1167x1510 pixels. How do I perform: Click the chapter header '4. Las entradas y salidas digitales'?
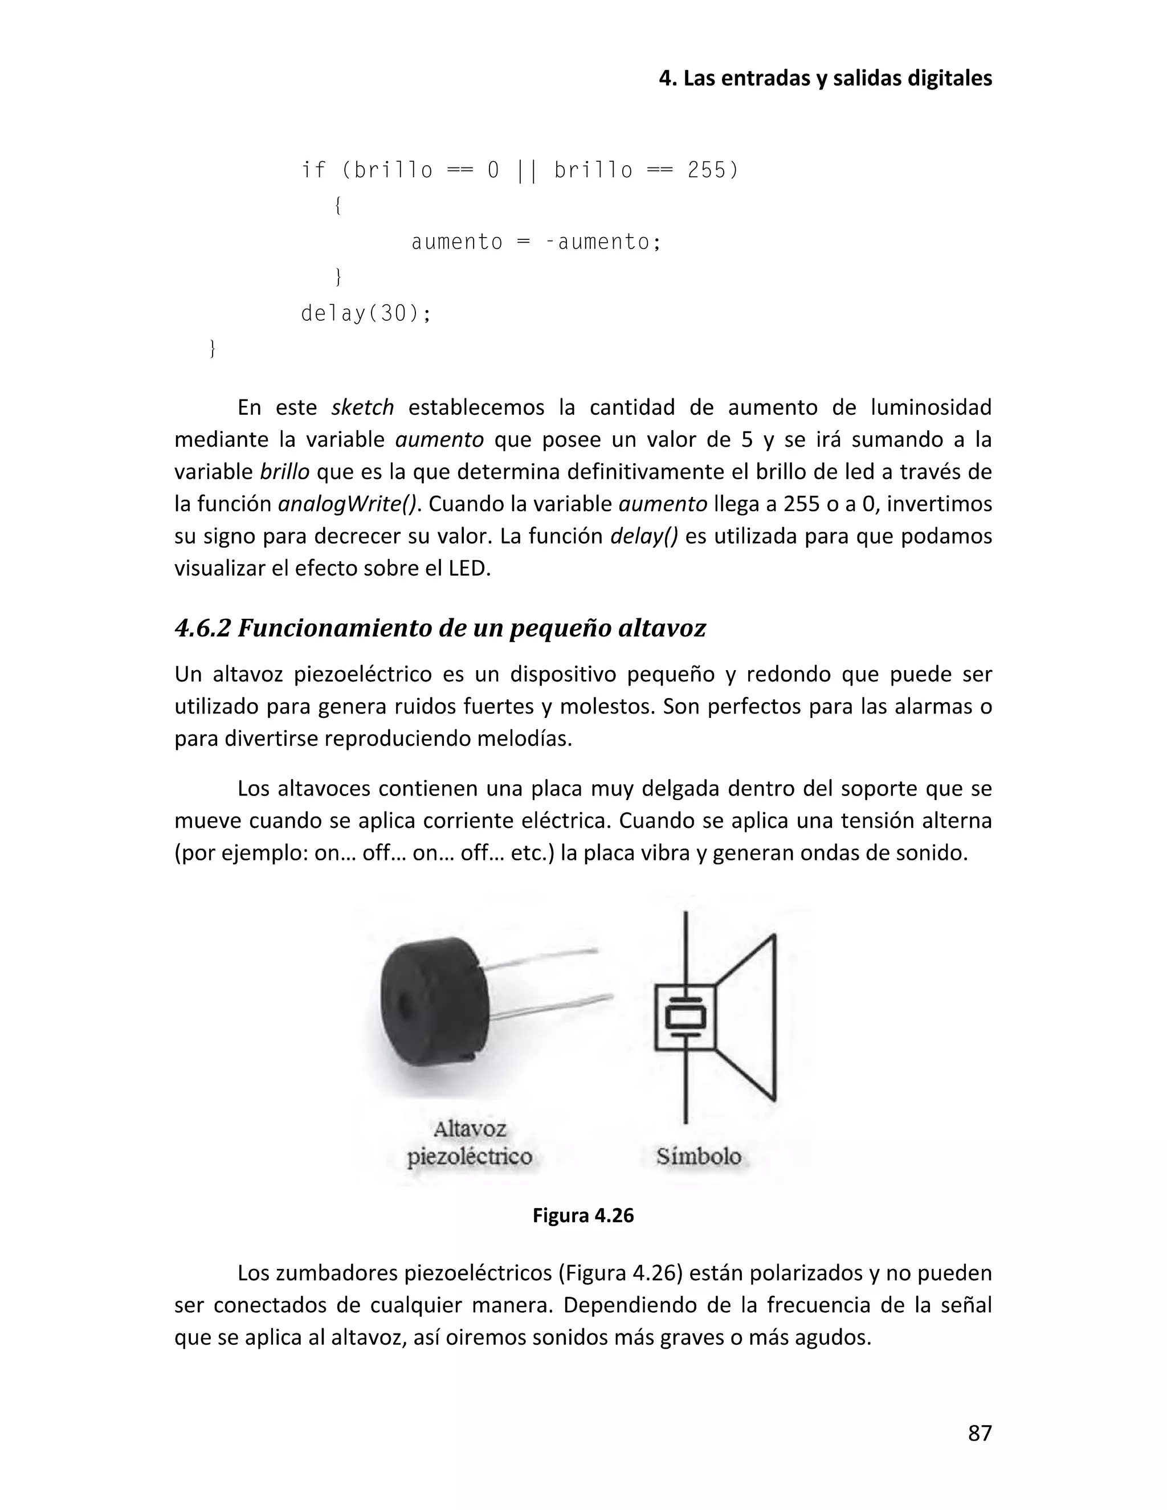point(825,79)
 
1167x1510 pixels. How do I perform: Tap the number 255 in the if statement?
point(707,170)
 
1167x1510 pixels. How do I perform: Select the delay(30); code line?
point(366,314)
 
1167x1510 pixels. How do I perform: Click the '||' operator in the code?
point(526,170)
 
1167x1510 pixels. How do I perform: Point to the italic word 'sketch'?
point(362,407)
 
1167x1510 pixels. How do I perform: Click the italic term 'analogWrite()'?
point(348,504)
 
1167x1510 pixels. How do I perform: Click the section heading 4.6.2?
point(440,629)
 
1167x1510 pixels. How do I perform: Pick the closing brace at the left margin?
point(212,349)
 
